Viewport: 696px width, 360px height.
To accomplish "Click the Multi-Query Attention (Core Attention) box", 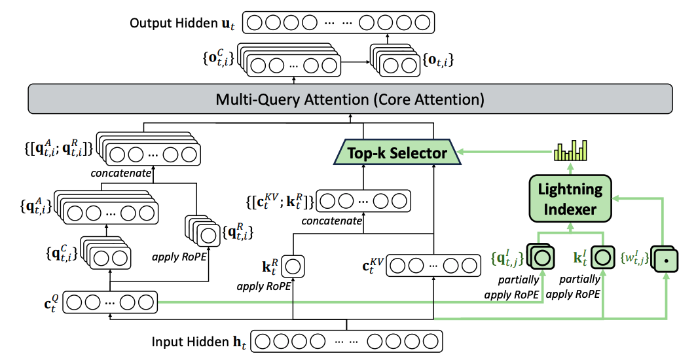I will click(350, 100).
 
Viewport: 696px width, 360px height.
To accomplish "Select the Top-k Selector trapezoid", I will click(397, 153).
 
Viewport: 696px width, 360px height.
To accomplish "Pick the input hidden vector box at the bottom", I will click(348, 342).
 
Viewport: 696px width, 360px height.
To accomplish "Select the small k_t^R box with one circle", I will click(293, 266).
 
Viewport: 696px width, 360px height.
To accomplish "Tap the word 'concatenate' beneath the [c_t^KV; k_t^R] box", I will click(332, 221).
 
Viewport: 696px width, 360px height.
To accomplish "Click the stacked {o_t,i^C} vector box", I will click(291, 65).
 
